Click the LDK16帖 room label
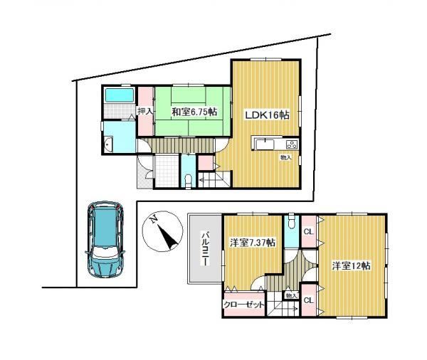[x=267, y=115]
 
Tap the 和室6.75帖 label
[x=194, y=112]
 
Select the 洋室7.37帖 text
[x=253, y=243]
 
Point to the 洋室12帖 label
[x=351, y=265]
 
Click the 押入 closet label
[x=146, y=112]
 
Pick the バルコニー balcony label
[x=206, y=248]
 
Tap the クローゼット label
[x=243, y=305]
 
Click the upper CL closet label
[x=309, y=232]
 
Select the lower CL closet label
[x=309, y=300]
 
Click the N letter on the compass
[x=154, y=219]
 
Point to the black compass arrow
[x=168, y=237]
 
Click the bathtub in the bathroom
[x=120, y=95]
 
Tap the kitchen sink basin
[x=265, y=144]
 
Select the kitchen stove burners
[x=292, y=144]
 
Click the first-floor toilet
[x=188, y=181]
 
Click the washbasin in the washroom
[x=108, y=144]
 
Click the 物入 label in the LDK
[x=286, y=157]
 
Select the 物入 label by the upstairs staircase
[x=292, y=295]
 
